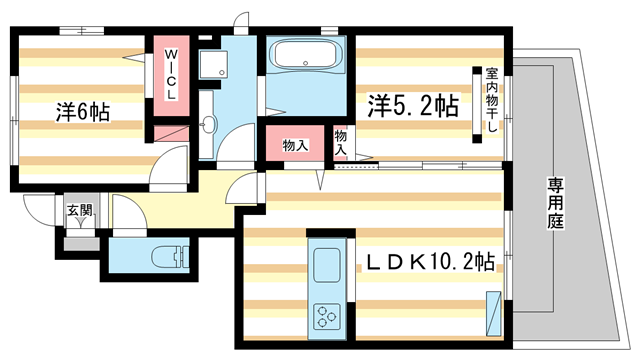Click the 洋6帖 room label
[x=82, y=112]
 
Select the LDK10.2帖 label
[x=428, y=263]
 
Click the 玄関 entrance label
[x=80, y=210]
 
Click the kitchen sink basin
[x=327, y=267]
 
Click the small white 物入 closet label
[x=340, y=140]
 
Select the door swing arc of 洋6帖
[x=172, y=160]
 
